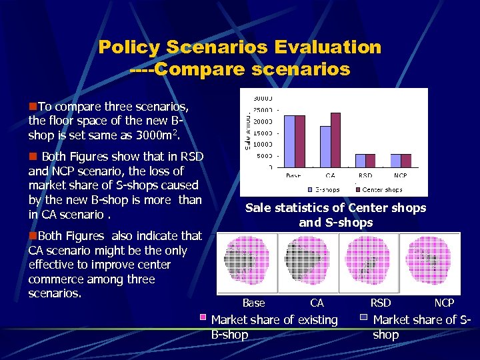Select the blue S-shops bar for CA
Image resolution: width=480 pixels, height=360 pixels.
click(x=325, y=146)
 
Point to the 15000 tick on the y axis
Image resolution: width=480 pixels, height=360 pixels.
click(x=262, y=133)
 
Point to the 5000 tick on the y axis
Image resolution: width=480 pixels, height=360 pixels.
click(x=264, y=155)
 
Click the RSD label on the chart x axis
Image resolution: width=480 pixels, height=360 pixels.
click(x=365, y=176)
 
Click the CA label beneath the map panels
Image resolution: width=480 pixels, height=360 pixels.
click(x=317, y=303)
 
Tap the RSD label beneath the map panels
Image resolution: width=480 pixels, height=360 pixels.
click(x=381, y=303)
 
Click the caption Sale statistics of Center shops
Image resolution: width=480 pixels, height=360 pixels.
click(x=335, y=207)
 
